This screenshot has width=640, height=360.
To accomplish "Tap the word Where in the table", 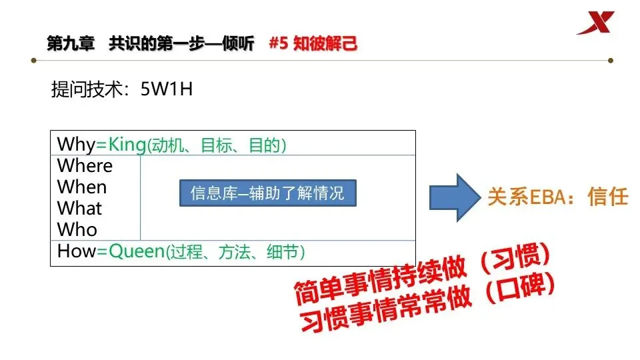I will pyautogui.click(x=85, y=165).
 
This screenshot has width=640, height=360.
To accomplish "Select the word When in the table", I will pyautogui.click(x=81, y=187).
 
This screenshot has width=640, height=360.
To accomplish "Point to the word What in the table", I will pyautogui.click(x=79, y=208).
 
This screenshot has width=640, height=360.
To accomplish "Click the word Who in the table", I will pyautogui.click(x=77, y=229).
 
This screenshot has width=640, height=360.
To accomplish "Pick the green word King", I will pyautogui.click(x=127, y=144).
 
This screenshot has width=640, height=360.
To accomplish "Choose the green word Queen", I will pyautogui.click(x=136, y=251).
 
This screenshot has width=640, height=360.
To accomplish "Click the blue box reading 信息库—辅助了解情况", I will pyautogui.click(x=267, y=193).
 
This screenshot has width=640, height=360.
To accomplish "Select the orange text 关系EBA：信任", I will pyautogui.click(x=558, y=197).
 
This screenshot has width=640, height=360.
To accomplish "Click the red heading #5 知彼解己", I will pyautogui.click(x=313, y=44).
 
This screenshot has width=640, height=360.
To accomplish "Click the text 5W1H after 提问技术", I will pyautogui.click(x=167, y=90).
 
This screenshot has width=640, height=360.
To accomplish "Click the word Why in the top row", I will pyautogui.click(x=76, y=144).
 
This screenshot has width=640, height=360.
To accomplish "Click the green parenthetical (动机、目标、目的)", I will pyautogui.click(x=217, y=145).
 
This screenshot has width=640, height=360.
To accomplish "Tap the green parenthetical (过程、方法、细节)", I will pyautogui.click(x=235, y=252).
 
